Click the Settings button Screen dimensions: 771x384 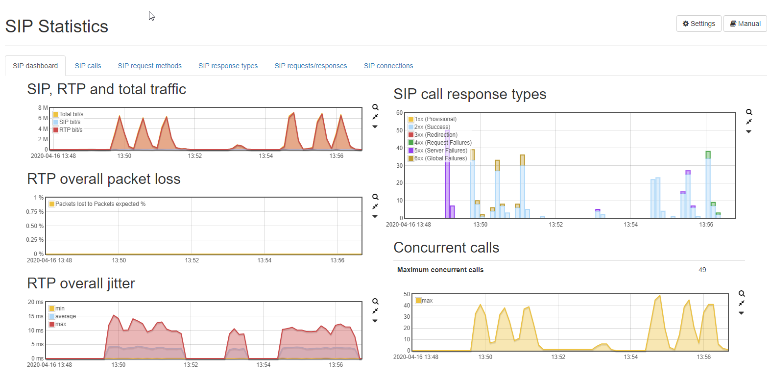click(x=699, y=24)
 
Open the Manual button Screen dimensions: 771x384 click(x=745, y=24)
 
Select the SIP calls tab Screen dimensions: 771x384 click(x=88, y=66)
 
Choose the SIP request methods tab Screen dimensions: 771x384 click(x=150, y=66)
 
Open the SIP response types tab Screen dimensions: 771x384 click(x=228, y=66)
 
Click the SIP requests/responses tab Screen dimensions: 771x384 click(x=311, y=66)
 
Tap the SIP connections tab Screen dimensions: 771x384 click(x=388, y=66)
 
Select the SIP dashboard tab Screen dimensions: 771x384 click(x=35, y=66)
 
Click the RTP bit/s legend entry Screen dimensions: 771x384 click(x=68, y=130)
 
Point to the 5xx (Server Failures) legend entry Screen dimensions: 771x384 click(x=438, y=151)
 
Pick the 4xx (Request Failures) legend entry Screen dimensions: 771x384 click(x=440, y=143)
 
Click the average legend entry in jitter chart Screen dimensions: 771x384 click(x=63, y=316)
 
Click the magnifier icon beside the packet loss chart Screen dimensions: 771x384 click(x=375, y=197)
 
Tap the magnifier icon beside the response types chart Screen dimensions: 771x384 click(x=749, y=112)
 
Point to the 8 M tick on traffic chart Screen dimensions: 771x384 click(x=43, y=108)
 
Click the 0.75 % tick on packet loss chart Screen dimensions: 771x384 click(x=35, y=212)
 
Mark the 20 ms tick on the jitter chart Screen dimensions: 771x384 click(x=35, y=302)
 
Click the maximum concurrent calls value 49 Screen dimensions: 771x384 click(x=702, y=270)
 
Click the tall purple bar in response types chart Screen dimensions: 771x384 click(x=447, y=174)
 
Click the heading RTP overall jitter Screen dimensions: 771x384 click(x=81, y=283)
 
